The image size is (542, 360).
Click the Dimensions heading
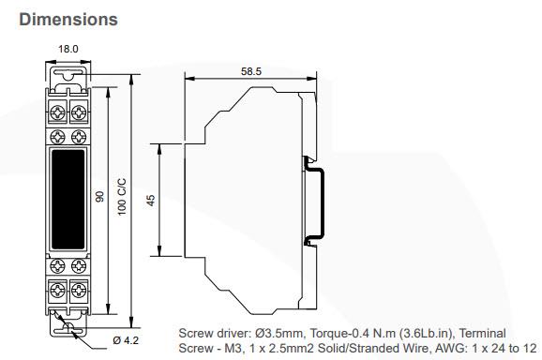tap(68, 19)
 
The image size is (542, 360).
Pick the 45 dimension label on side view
tap(151, 199)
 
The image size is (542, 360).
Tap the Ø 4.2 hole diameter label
tap(128, 339)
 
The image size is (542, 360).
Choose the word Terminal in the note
tap(485, 333)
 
